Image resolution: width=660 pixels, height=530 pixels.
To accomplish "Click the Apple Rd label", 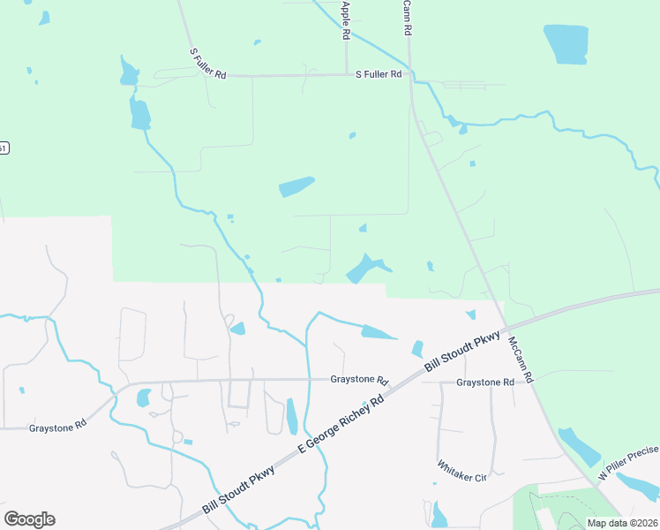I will [346, 19].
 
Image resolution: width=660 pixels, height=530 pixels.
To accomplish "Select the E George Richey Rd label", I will [342, 425].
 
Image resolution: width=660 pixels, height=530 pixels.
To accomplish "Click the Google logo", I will [29, 519].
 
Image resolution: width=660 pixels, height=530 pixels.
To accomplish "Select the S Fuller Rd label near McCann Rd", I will [379, 75].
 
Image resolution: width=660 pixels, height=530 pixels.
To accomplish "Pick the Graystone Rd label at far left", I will [57, 426].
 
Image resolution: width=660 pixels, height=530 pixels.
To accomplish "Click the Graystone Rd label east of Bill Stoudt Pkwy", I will [485, 382].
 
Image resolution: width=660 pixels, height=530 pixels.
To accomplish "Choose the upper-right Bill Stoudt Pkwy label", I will [462, 352].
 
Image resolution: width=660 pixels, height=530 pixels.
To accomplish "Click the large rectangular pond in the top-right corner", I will [566, 44].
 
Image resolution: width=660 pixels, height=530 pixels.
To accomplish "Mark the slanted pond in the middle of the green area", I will [296, 187].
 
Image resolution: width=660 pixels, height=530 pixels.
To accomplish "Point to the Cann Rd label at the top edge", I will [407, 17].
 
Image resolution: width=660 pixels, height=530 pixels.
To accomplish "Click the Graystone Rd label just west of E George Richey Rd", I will [359, 380].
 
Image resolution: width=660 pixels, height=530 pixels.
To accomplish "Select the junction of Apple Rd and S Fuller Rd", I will [345, 75].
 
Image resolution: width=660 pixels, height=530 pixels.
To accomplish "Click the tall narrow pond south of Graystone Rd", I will [292, 416].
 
